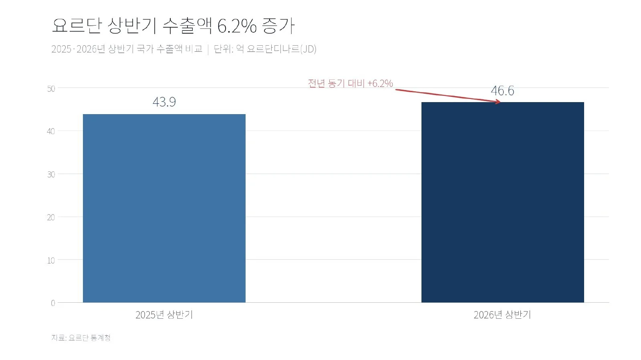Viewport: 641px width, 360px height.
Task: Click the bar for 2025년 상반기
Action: click(164, 208)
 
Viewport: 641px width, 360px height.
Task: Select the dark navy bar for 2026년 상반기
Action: click(502, 202)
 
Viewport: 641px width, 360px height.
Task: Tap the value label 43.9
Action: click(164, 102)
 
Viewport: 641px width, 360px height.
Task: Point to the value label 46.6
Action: click(502, 91)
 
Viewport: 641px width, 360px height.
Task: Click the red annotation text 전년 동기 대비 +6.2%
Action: click(350, 83)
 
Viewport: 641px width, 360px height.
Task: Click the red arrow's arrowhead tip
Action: click(500, 102)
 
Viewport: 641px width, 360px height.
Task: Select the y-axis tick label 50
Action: click(51, 88)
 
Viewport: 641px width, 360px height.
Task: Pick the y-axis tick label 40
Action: click(51, 131)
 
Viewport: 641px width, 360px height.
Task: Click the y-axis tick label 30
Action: click(51, 175)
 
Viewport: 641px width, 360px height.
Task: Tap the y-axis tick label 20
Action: click(51, 217)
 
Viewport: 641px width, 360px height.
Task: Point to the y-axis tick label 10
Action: click(51, 261)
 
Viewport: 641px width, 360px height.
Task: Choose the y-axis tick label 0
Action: click(53, 303)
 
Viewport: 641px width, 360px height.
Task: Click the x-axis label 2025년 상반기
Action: click(164, 315)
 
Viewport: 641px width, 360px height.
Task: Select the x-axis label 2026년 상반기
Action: click(502, 315)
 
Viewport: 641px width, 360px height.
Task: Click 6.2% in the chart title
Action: click(237, 26)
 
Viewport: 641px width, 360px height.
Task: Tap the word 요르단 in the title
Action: click(77, 26)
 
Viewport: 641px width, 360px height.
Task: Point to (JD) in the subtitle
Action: click(308, 49)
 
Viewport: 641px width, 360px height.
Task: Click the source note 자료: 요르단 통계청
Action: click(81, 338)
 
